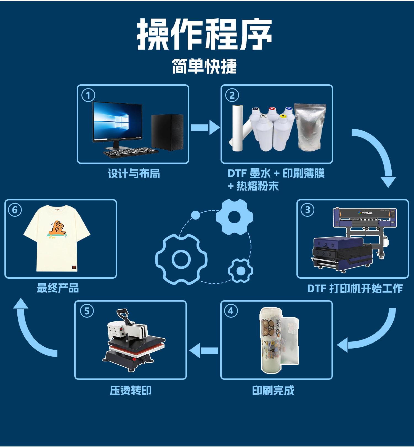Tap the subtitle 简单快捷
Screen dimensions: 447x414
pyautogui.click(x=204, y=66)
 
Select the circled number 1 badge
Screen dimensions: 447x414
pyautogui.click(x=88, y=95)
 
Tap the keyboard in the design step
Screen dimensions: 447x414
pyautogui.click(x=130, y=152)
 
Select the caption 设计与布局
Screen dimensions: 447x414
pyautogui.click(x=134, y=174)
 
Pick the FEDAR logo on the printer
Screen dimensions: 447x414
pyautogui.click(x=365, y=213)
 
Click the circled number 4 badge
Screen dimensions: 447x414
pyautogui.click(x=231, y=311)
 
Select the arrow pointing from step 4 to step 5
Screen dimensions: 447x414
pyautogui.click(x=204, y=351)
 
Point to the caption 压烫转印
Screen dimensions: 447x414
pyautogui.click(x=131, y=390)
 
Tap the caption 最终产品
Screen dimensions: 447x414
pyautogui.click(x=58, y=288)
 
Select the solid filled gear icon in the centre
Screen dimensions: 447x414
pyautogui.click(x=234, y=217)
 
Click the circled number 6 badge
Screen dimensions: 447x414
pyautogui.click(x=15, y=210)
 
